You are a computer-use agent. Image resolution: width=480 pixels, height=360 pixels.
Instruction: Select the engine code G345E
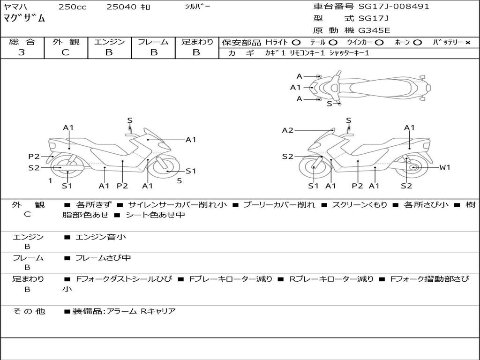[x=374, y=31]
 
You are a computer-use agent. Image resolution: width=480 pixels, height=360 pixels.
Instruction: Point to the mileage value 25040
[x=121, y=7]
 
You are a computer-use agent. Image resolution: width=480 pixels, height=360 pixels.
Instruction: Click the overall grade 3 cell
[x=22, y=52]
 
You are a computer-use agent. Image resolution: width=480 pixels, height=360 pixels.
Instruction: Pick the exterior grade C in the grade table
[x=66, y=52]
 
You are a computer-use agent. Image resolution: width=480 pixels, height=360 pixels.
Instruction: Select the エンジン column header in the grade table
[x=109, y=42]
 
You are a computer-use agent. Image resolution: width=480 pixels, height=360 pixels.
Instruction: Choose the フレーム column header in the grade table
[x=153, y=42]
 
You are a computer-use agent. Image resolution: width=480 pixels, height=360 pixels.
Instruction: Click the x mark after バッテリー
[x=467, y=43]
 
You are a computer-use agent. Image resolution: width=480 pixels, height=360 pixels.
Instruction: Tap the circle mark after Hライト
[x=296, y=43]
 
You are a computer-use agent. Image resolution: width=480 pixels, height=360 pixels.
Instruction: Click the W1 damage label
[x=444, y=167]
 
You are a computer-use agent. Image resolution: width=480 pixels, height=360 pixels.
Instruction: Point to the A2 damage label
[x=287, y=130]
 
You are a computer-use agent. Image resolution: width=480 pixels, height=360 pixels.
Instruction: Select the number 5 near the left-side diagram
[x=179, y=180]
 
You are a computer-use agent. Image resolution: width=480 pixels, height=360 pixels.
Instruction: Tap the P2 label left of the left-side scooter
[x=34, y=157]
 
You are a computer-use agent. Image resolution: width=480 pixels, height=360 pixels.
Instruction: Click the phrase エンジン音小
[x=100, y=237]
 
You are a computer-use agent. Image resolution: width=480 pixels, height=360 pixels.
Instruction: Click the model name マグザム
[x=24, y=19]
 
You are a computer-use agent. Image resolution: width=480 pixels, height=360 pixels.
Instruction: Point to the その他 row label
[x=29, y=311]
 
